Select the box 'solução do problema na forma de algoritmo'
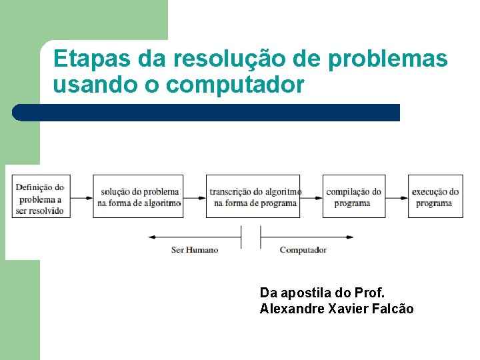(x=138, y=196)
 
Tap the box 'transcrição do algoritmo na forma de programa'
(x=253, y=196)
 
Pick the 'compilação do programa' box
(x=354, y=196)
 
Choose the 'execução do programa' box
(x=435, y=196)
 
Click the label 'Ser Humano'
(x=195, y=250)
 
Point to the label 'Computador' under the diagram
(x=303, y=250)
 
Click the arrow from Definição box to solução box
(x=81, y=197)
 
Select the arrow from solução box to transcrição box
(x=194, y=197)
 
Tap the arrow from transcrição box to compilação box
(x=311, y=197)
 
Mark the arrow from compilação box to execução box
(x=397, y=197)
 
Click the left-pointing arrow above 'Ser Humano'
(x=193, y=237)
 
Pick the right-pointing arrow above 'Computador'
(x=307, y=237)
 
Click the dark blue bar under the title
(x=207, y=113)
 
